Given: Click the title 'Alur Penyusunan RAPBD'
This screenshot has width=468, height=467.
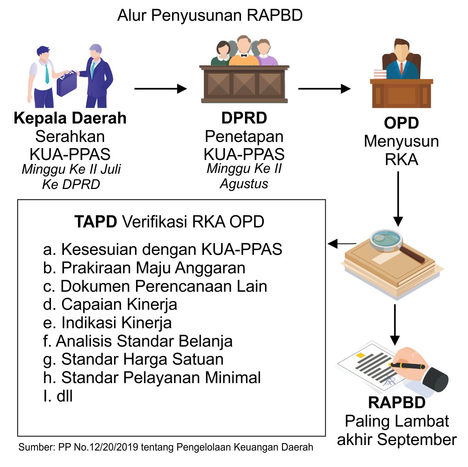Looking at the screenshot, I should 210,16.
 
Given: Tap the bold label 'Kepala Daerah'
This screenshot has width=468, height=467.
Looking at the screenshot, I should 70,118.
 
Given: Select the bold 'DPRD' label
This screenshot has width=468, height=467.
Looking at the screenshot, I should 244,118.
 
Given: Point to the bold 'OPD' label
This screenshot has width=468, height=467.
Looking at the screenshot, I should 401,123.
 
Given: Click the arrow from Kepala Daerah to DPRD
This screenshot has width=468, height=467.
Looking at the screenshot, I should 160,89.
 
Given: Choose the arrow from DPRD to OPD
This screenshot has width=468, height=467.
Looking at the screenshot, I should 324,89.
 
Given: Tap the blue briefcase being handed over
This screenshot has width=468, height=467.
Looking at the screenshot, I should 66,85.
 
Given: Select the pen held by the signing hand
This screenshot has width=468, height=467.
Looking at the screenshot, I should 408,366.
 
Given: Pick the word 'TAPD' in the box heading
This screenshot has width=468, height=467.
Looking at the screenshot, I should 96,222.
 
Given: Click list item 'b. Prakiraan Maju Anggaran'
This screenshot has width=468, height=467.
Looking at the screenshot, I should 144,268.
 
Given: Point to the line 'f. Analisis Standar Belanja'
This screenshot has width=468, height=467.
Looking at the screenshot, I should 138,341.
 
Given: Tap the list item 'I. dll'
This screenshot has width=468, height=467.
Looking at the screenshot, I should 58,396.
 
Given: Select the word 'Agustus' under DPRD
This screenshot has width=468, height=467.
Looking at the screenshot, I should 244,184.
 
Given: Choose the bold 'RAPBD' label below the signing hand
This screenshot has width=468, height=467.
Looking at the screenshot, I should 396,403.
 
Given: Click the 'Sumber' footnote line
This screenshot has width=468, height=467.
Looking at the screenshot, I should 166,447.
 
